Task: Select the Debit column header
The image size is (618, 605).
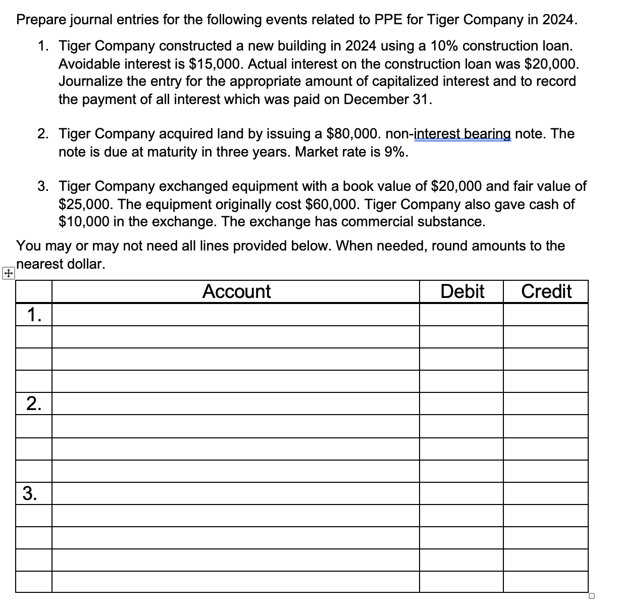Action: click(461, 291)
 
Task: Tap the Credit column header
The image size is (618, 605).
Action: click(546, 291)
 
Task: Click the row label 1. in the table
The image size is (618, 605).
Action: click(34, 315)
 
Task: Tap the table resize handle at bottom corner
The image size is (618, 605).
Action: click(591, 596)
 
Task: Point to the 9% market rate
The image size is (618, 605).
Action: click(395, 152)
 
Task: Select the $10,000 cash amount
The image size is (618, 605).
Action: click(83, 222)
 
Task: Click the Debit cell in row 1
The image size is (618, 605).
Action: click(461, 315)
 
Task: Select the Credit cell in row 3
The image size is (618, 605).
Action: click(546, 493)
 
